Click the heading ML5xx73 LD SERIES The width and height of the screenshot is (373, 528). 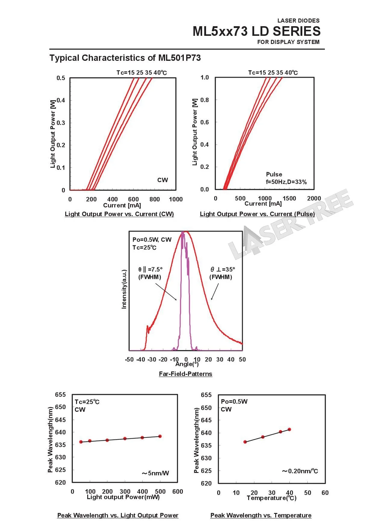point(256,31)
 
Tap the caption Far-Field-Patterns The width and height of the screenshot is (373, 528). point(186,374)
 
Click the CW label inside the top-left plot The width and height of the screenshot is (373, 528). point(162,180)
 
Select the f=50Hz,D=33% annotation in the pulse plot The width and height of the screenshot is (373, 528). point(286,182)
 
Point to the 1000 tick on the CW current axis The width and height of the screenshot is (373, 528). point(176,199)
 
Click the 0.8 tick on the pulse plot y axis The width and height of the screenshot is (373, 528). point(205,100)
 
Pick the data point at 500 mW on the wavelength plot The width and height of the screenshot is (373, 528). point(160,436)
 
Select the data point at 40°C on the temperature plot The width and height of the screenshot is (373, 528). point(289,430)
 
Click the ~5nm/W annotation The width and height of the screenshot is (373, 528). point(155,473)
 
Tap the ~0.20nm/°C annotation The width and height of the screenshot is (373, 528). point(300,471)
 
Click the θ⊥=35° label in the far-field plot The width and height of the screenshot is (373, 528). point(223,269)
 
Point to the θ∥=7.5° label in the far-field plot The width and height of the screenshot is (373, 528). point(150,269)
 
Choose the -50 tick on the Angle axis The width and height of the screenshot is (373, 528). point(129,359)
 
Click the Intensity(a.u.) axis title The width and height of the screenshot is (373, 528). point(124,289)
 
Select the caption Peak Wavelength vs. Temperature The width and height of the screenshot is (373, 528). point(261,515)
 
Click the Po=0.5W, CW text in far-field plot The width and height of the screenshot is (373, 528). point(152,240)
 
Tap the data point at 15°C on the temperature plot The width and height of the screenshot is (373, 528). point(245,442)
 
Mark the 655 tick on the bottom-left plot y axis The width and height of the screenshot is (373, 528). point(60,395)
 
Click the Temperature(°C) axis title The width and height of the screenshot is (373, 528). point(272,498)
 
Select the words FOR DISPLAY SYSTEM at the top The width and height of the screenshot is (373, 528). point(288,42)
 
